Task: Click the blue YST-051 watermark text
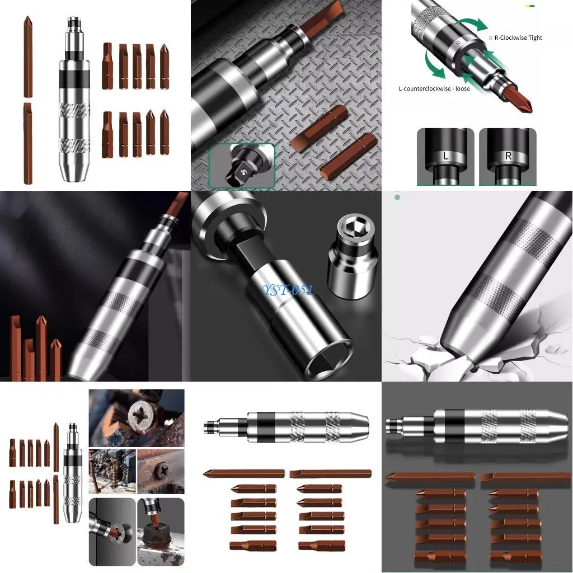click(288, 290)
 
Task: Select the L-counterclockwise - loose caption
click(434, 88)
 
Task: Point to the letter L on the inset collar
click(445, 156)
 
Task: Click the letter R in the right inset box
click(508, 156)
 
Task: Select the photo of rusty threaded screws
click(112, 471)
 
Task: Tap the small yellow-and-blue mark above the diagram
click(529, 6)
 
